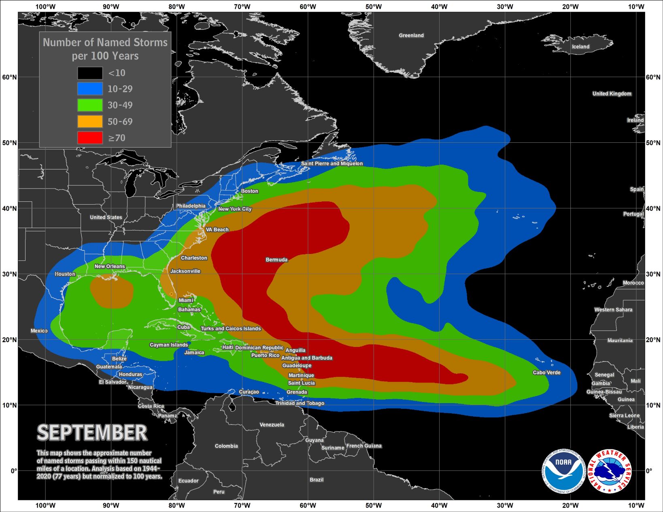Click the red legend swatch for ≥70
90,138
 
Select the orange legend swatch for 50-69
90,121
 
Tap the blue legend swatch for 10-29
90,89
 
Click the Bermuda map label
276,260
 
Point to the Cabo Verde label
546,372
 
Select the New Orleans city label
110,266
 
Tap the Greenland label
411,36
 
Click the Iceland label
580,47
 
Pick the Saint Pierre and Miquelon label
332,163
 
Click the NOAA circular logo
563,471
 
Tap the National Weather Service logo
610,471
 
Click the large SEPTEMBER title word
92,433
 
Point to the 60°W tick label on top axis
308,6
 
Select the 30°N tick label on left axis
9,274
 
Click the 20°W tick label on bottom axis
570,505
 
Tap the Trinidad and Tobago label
300,403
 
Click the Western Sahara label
613,310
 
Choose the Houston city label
65,274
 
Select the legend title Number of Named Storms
105,42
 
